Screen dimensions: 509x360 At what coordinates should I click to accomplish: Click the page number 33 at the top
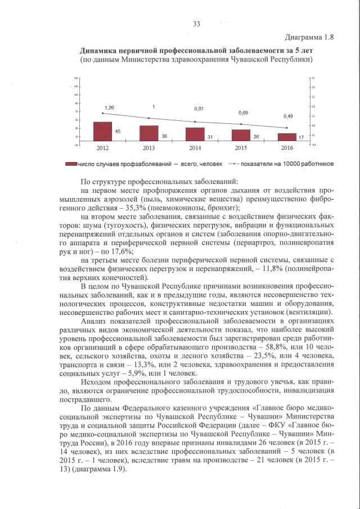pos(196,23)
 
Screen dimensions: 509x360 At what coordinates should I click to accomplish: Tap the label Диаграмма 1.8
pos(310,38)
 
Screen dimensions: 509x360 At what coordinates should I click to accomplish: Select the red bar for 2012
pos(102,133)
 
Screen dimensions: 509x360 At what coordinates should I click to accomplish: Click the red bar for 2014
pos(195,135)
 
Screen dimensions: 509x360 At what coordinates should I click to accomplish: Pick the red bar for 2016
pos(287,138)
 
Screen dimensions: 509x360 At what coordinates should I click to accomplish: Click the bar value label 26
pos(256,137)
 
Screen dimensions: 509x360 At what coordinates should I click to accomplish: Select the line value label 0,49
pos(287,116)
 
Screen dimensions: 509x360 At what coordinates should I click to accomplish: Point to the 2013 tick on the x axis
pos(148,148)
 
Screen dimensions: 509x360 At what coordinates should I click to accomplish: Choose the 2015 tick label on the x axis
pos(241,148)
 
